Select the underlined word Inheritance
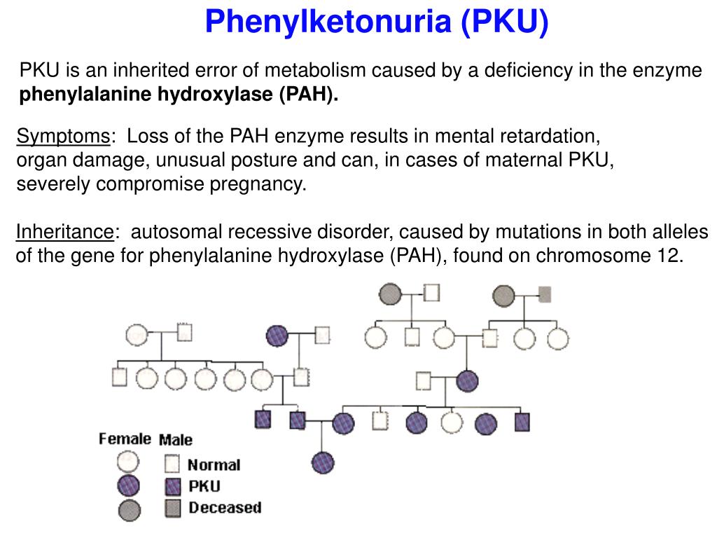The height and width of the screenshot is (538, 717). coord(65,232)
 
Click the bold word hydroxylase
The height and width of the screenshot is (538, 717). coord(217,95)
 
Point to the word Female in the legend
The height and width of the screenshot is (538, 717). coord(125,439)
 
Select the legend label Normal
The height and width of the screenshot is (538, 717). coord(214,464)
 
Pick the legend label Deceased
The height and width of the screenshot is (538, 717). coord(224,507)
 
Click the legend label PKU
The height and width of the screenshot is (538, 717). coord(204,485)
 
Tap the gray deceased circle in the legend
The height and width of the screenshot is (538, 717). coord(128,509)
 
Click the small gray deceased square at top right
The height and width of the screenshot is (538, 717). coord(544,294)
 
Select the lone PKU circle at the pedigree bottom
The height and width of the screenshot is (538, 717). coord(323,462)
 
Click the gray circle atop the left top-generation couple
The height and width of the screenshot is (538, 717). coord(390,294)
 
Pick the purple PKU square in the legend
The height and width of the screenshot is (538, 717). coord(173,485)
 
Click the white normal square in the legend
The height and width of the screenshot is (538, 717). coord(173,464)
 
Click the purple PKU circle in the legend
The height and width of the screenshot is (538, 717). coord(128,485)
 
